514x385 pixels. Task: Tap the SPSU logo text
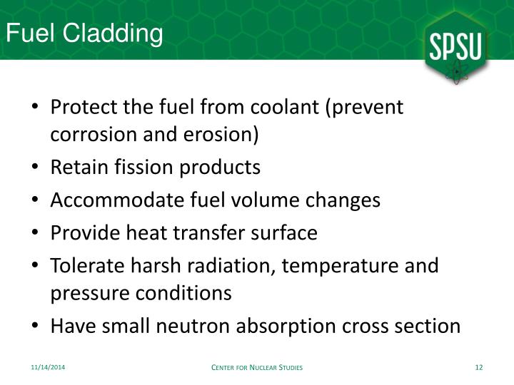[x=458, y=48]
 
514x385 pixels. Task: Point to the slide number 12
[x=479, y=367]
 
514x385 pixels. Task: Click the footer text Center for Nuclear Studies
[x=258, y=367]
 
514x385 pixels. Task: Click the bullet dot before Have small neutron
[x=36, y=327]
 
